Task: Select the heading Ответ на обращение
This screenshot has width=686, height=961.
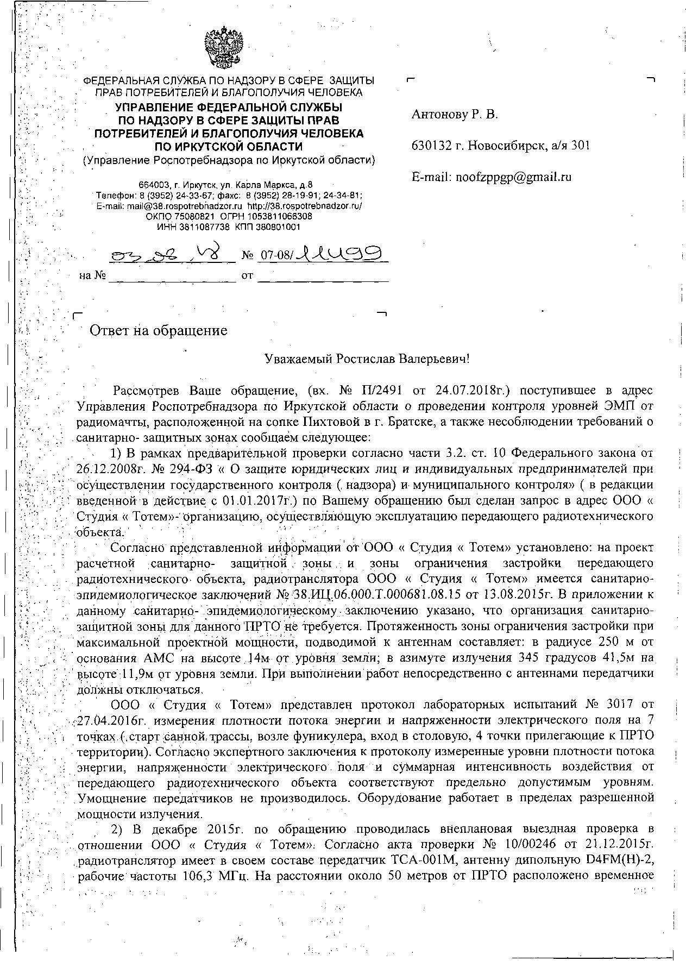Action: click(158, 330)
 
